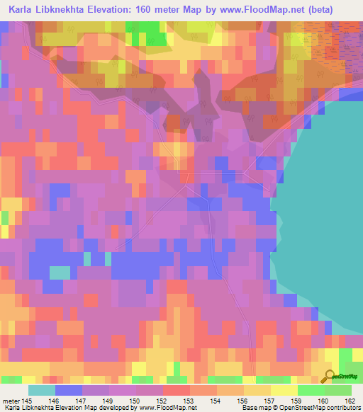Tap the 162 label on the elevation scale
tap(350, 401)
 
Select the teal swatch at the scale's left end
tap(42, 390)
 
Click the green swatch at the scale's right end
tap(337, 390)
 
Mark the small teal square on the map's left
tap(60, 273)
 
